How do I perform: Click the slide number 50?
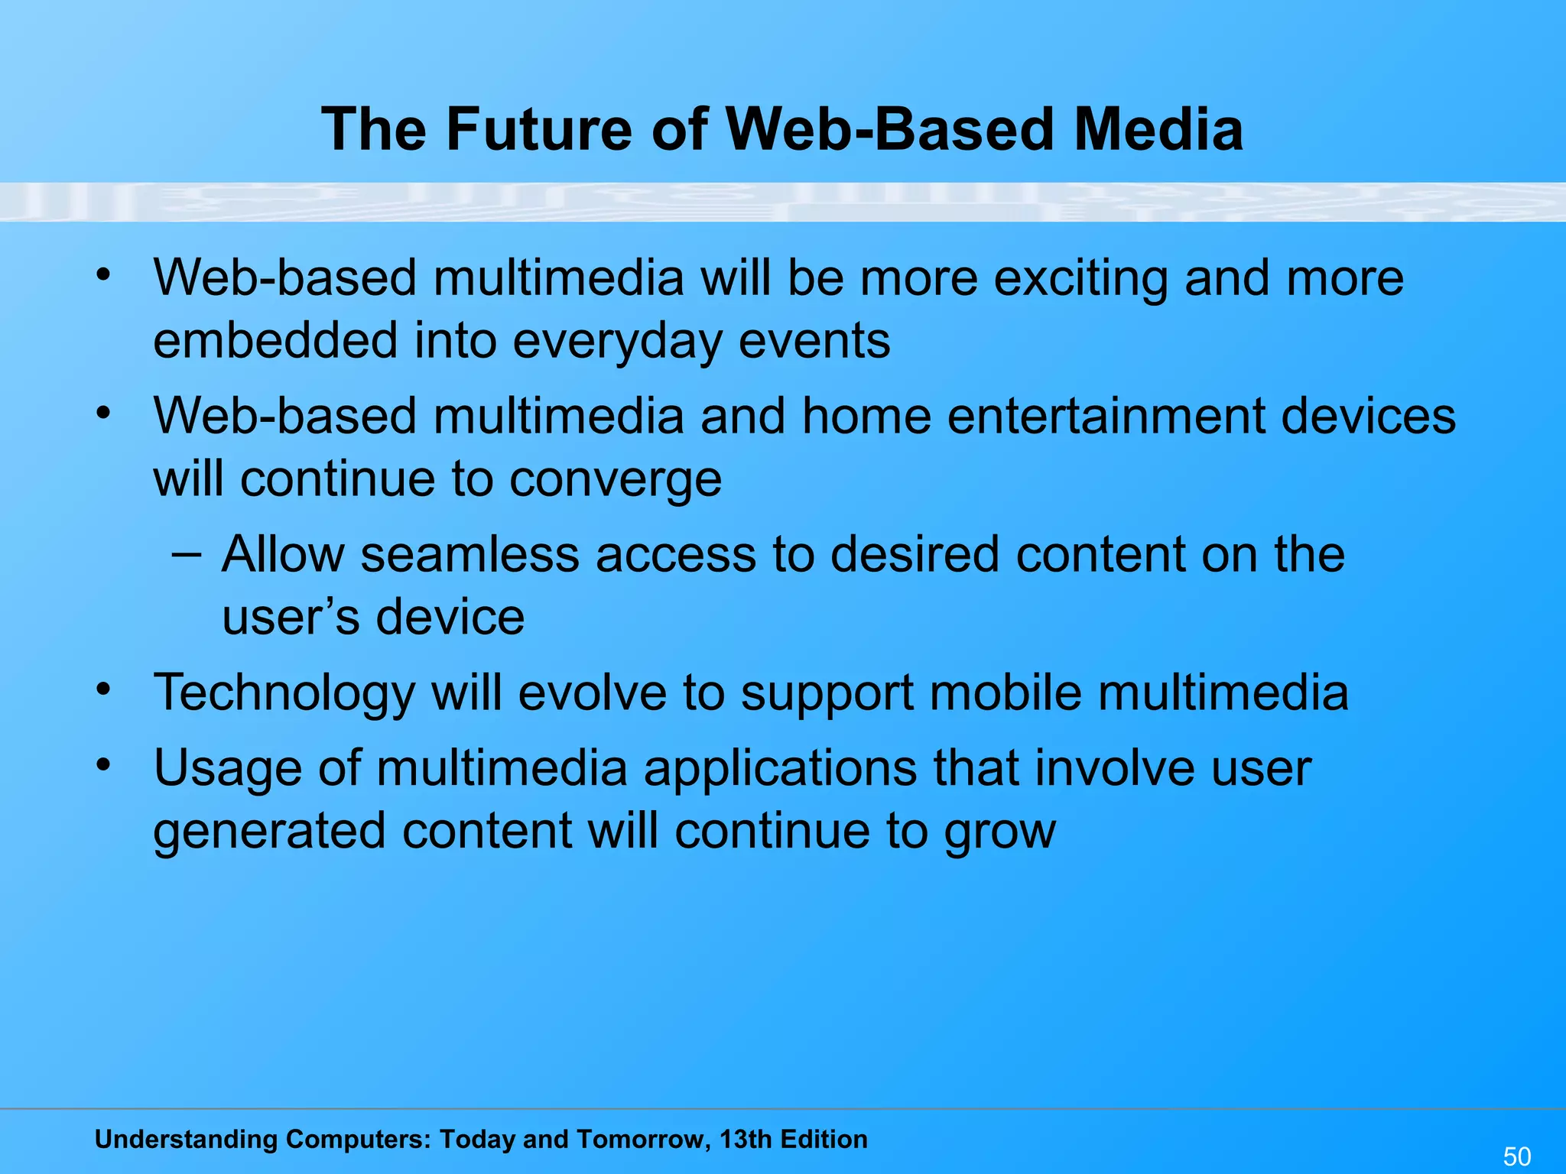point(1517,1156)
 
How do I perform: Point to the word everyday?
point(616,342)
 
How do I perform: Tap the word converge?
point(615,480)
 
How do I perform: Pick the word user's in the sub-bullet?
point(290,617)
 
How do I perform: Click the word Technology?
point(284,693)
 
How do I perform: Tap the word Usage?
point(227,768)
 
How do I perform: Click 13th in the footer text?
point(745,1139)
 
